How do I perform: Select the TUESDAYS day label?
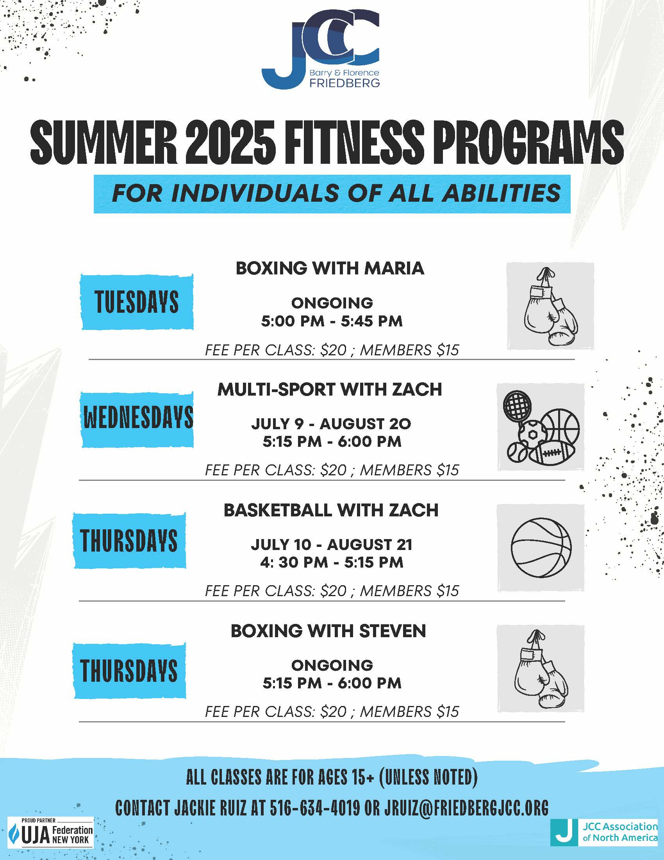pos(137,302)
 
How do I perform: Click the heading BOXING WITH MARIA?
pos(330,269)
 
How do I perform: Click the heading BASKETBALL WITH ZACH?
pos(331,510)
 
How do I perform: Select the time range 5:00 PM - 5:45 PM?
pos(332,321)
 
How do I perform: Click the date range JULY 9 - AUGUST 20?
pos(331,424)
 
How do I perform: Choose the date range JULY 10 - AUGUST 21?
pos(332,545)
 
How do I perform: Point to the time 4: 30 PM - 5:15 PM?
pos(332,562)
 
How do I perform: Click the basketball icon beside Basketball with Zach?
pos(541,547)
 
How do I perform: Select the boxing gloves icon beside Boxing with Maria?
pos(550,306)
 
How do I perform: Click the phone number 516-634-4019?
pos(315,808)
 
